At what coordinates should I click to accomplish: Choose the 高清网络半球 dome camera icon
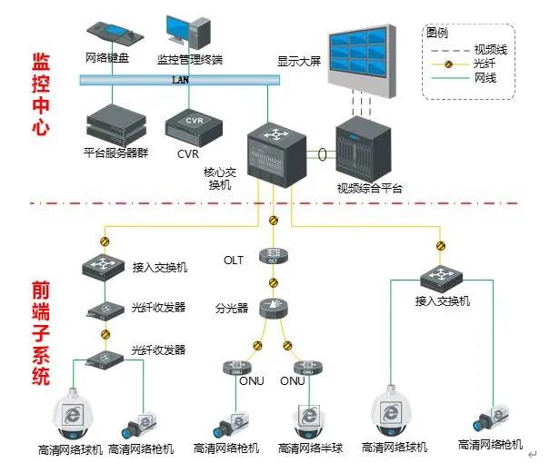[310, 419]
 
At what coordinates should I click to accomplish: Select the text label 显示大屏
[301, 62]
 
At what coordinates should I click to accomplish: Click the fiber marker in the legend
[449, 64]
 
